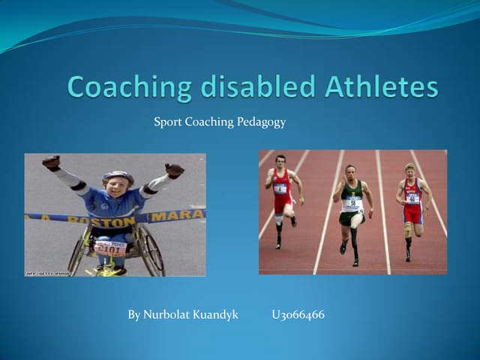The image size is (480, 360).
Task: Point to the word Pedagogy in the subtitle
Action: click(261, 121)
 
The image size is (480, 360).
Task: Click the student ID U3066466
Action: click(298, 315)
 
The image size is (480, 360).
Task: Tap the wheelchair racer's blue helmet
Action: click(118, 177)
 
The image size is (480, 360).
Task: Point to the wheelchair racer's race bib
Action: click(110, 247)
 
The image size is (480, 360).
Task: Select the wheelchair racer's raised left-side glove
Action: click(51, 162)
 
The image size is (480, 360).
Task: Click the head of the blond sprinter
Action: click(410, 168)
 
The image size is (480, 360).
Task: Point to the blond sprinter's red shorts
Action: click(412, 214)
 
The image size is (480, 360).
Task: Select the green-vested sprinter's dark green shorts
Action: click(349, 218)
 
